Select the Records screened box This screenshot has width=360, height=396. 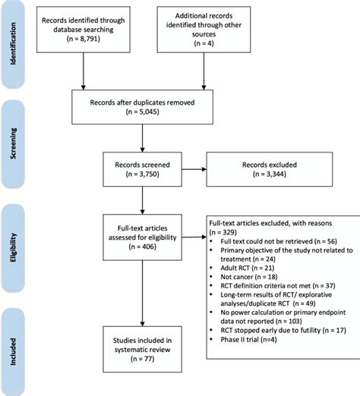[x=143, y=167]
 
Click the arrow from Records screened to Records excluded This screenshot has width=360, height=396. [x=195, y=167]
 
